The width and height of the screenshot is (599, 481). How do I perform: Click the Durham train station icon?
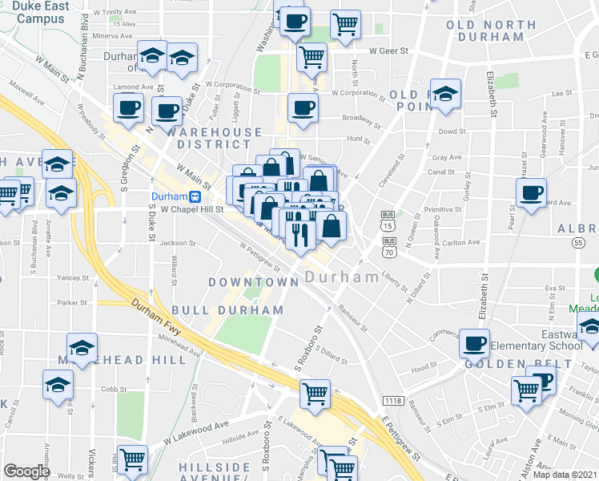[x=195, y=196]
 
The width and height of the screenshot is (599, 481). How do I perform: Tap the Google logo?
[x=27, y=471]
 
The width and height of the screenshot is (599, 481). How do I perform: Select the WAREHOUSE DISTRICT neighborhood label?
[x=208, y=139]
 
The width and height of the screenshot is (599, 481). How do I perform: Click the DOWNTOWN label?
[x=253, y=282]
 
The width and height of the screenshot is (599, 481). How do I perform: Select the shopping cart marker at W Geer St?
[x=312, y=56]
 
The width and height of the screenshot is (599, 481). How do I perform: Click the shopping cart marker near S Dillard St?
[x=316, y=393]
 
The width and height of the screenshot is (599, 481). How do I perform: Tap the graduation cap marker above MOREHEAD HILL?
[x=82, y=347]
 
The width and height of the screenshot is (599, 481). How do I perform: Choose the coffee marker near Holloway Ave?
[x=531, y=192]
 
